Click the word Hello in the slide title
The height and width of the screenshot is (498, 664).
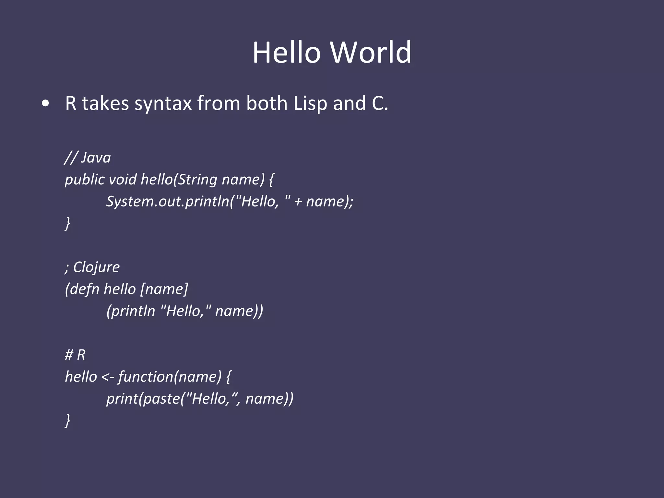pyautogui.click(x=286, y=53)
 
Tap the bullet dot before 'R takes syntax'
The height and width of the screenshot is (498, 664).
pyautogui.click(x=46, y=104)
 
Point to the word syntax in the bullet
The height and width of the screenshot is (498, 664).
pyautogui.click(x=163, y=104)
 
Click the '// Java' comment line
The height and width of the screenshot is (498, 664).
pyautogui.click(x=88, y=158)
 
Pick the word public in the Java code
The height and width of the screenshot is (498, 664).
pyautogui.click(x=85, y=180)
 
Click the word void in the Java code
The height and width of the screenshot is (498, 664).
pyautogui.click(x=123, y=180)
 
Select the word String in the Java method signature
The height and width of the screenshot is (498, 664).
pyautogui.click(x=197, y=180)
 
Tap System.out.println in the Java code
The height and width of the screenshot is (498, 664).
pyautogui.click(x=168, y=201)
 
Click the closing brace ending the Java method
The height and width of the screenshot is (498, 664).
pyautogui.click(x=67, y=223)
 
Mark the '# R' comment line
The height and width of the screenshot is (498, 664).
pyautogui.click(x=75, y=355)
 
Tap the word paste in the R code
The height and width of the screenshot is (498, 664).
pyautogui.click(x=161, y=399)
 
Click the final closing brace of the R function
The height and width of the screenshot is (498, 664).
pyautogui.click(x=67, y=421)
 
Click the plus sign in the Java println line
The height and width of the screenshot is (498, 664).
pyautogui.click(x=298, y=202)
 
